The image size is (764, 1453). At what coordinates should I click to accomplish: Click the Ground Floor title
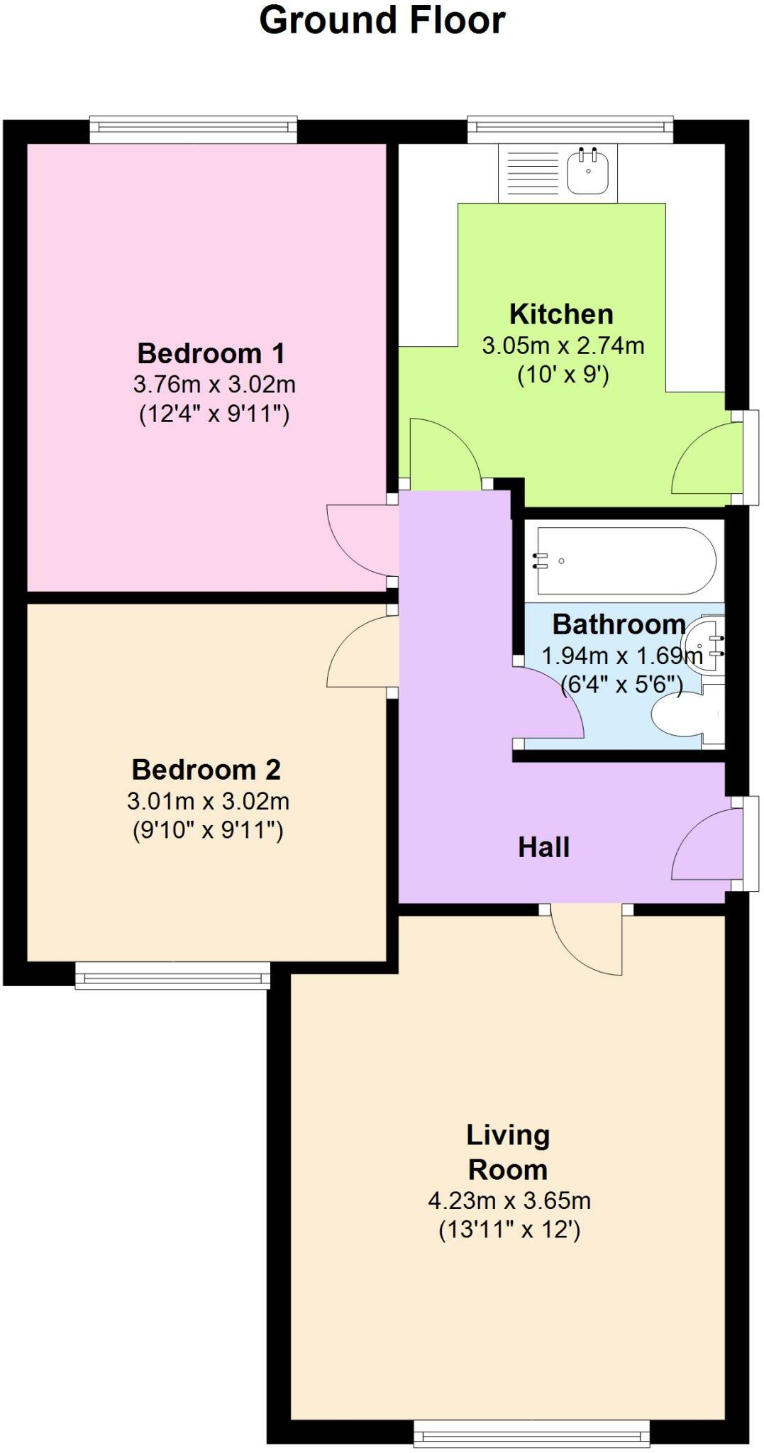382,20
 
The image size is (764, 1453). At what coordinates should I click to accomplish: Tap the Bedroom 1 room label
211,353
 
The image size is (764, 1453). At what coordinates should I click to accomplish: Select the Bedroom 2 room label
206,769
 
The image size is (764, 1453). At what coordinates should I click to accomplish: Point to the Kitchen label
561,314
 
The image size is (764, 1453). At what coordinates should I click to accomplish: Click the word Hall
544,847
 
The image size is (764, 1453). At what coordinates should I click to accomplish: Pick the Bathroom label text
619,624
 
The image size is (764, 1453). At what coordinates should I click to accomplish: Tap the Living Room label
508,1152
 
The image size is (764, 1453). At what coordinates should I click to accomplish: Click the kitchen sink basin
588,170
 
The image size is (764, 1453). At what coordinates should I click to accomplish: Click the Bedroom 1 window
193,128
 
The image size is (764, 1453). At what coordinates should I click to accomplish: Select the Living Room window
532,1434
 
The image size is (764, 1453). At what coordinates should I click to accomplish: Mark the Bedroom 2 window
172,975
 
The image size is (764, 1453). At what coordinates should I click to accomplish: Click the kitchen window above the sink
570,128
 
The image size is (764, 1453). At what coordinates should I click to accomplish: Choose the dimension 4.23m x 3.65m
509,1200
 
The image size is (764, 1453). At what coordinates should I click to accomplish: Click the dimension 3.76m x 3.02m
214,385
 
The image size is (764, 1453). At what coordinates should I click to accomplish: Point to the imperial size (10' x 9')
563,374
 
